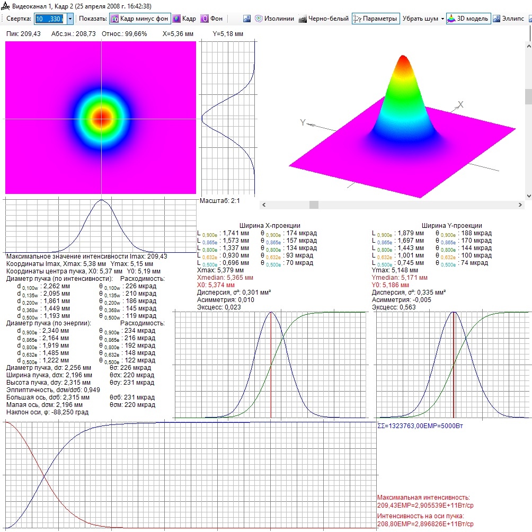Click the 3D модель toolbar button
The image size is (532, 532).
click(x=468, y=19)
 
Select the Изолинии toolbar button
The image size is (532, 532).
click(x=274, y=19)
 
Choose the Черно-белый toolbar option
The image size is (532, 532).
click(x=324, y=19)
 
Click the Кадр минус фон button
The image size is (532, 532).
click(x=140, y=19)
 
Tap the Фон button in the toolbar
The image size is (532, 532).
click(x=212, y=19)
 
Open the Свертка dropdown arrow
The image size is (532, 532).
click(x=70, y=19)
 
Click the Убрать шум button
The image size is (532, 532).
click(x=423, y=19)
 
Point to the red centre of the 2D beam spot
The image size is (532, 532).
click(x=101, y=118)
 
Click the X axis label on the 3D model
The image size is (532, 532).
click(x=460, y=104)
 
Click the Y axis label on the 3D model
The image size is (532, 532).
click(x=303, y=122)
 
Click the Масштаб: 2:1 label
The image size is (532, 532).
click(x=219, y=201)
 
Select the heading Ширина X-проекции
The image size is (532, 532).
click(x=270, y=226)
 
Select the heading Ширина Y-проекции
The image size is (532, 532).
click(x=451, y=226)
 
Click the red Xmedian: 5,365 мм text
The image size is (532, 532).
click(x=225, y=278)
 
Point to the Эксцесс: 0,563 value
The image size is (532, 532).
click(x=394, y=307)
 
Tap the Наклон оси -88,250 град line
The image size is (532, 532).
click(x=47, y=412)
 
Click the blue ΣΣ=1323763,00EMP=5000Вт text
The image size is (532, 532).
click(x=420, y=426)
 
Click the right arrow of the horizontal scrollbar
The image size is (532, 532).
click(x=520, y=205)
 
